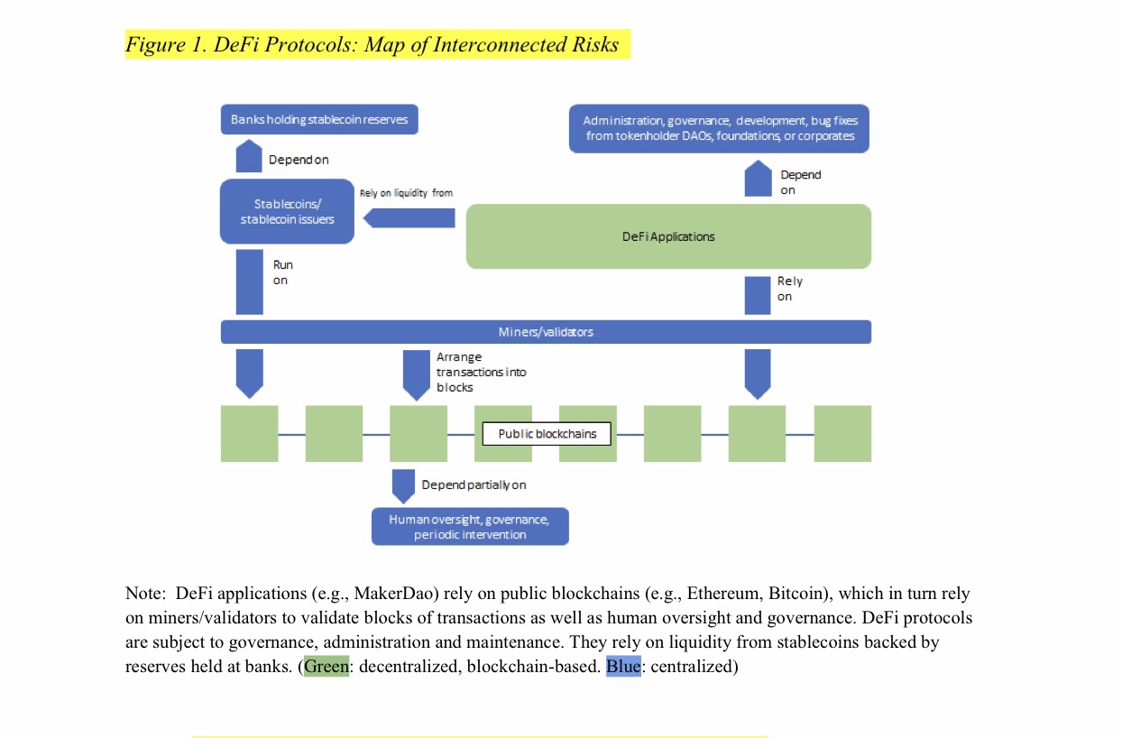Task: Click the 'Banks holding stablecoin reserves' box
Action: click(319, 119)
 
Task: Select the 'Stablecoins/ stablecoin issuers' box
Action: click(287, 211)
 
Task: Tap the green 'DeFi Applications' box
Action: click(667, 236)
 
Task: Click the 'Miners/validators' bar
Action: click(546, 332)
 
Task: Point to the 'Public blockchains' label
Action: click(547, 434)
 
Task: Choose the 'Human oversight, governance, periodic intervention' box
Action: click(469, 527)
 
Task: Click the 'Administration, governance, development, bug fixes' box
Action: click(719, 128)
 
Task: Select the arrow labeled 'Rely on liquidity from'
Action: click(410, 217)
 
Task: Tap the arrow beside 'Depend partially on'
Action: click(403, 484)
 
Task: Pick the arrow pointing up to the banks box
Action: click(249, 156)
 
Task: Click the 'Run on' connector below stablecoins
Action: click(249, 282)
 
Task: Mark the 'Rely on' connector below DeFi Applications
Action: click(758, 295)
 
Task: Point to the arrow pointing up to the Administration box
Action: click(758, 179)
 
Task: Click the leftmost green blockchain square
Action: click(249, 434)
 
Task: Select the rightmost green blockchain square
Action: click(842, 434)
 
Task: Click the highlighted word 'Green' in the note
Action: click(326, 668)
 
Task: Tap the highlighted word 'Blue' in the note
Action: click(622, 668)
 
